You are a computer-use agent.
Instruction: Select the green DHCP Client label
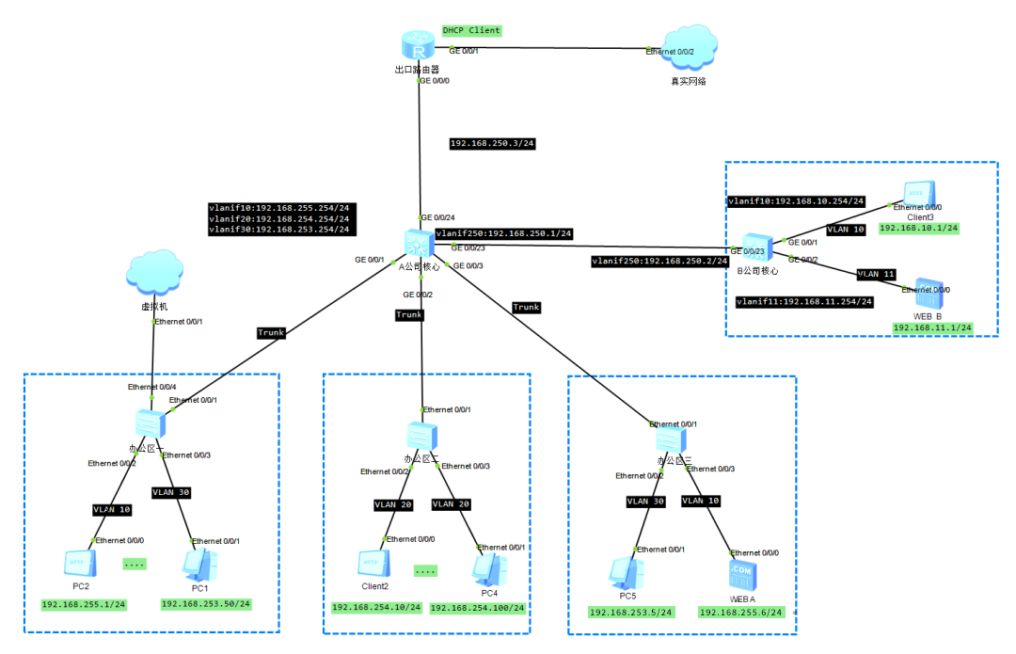click(472, 30)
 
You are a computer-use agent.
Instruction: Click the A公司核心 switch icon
click(417, 243)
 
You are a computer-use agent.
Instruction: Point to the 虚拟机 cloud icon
click(152, 275)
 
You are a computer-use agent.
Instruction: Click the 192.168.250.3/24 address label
click(492, 144)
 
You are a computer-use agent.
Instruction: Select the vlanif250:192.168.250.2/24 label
click(659, 262)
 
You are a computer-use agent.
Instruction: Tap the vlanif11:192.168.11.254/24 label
click(804, 302)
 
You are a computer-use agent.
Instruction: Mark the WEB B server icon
click(929, 295)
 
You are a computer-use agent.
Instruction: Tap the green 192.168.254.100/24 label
click(477, 609)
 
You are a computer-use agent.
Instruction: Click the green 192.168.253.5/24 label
click(631, 613)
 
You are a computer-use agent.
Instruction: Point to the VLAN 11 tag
click(877, 275)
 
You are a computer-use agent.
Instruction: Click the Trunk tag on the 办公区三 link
click(526, 308)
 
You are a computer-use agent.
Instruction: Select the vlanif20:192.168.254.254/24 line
click(279, 218)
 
